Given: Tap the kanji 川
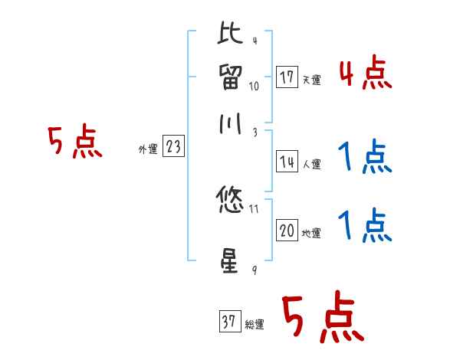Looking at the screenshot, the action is tap(230, 126).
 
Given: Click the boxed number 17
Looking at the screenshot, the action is tap(287, 77).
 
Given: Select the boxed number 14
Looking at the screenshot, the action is tap(287, 162).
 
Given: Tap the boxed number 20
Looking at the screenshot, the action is tap(287, 231).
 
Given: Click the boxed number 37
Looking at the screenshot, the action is tap(229, 322).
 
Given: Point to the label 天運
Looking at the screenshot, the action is tap(311, 80).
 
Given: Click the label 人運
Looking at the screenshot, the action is tap(311, 164).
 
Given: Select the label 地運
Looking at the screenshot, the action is tap(311, 233).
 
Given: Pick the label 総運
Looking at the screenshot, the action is tap(255, 325).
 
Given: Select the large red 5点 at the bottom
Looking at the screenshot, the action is tap(323, 319).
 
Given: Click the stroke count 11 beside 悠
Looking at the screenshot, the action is tap(255, 208).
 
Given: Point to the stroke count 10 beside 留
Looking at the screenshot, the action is tap(255, 86).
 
